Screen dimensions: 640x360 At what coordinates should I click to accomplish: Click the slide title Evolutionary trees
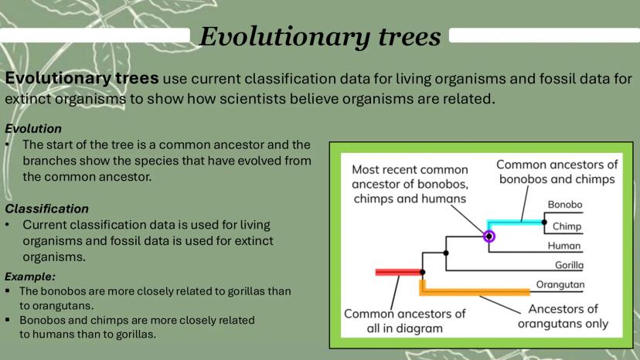pyautogui.click(x=320, y=37)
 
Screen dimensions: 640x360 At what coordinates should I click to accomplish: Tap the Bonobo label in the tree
pyautogui.click(x=565, y=205)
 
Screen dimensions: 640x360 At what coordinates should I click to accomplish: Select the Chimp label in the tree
pyautogui.click(x=567, y=226)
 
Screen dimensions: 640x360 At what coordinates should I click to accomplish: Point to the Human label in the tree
pyautogui.click(x=564, y=246)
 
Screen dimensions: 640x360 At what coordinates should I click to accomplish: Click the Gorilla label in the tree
pyautogui.click(x=569, y=265)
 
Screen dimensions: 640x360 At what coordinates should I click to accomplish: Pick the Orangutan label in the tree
pyautogui.click(x=560, y=284)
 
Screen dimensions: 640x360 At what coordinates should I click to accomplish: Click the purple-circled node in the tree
pyautogui.click(x=489, y=236)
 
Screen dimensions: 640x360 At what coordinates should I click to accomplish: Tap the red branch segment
pyautogui.click(x=398, y=272)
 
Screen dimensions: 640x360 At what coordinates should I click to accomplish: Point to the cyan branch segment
pyautogui.click(x=515, y=222)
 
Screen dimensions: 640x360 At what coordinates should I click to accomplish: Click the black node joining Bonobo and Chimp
pyautogui.click(x=544, y=222)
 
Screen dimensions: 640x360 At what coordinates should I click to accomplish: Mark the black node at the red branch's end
pyautogui.click(x=423, y=272)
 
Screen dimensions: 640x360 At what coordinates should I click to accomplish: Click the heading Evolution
pyautogui.click(x=33, y=129)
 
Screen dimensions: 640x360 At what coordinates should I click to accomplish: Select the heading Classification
pyautogui.click(x=46, y=209)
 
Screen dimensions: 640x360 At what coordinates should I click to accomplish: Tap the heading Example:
pyautogui.click(x=30, y=277)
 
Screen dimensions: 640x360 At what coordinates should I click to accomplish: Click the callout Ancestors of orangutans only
pyautogui.click(x=563, y=316)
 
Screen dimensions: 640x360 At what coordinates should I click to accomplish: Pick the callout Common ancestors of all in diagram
pyautogui.click(x=404, y=321)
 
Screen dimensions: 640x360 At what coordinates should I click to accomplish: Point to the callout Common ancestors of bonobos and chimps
pyautogui.click(x=557, y=172)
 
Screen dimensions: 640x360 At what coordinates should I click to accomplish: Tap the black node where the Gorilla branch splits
pyautogui.click(x=446, y=253)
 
